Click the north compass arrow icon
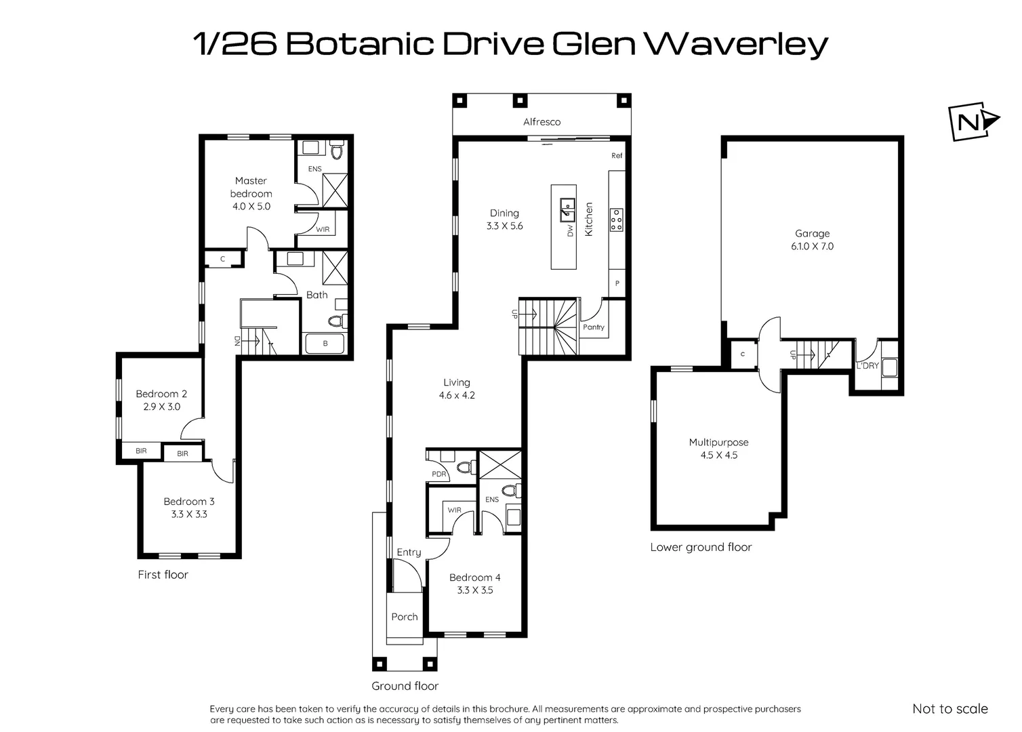(974, 123)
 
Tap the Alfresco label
(541, 122)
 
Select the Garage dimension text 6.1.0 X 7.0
(812, 247)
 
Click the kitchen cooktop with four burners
(616, 220)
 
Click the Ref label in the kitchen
(616, 156)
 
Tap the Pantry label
(593, 327)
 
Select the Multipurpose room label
(718, 443)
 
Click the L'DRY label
(867, 366)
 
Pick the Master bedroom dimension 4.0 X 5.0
(251, 206)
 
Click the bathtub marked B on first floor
(325, 344)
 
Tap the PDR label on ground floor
(438, 474)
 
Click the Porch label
(405, 617)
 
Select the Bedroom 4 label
(474, 577)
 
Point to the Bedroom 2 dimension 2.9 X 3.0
(161, 407)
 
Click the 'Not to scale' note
(949, 709)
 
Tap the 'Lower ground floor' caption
(701, 547)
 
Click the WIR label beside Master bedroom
(323, 230)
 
